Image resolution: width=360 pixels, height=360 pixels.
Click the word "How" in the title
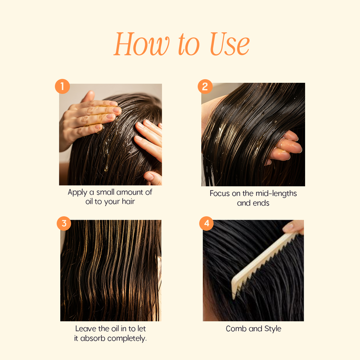[x=142, y=44]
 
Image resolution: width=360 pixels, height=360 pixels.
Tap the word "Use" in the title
[x=229, y=44]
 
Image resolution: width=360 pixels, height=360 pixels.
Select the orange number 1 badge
[x=62, y=86]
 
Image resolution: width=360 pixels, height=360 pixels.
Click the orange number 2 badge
[x=205, y=86]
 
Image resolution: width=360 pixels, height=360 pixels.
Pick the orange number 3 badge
[x=64, y=223]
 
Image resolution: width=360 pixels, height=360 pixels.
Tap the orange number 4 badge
[x=207, y=223]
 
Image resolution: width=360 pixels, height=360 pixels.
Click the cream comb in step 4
[x=264, y=264]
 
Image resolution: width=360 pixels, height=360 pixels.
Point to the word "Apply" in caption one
[x=77, y=193]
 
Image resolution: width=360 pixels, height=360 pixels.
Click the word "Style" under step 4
[x=273, y=329]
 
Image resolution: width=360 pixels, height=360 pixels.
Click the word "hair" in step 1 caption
[x=128, y=201]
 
